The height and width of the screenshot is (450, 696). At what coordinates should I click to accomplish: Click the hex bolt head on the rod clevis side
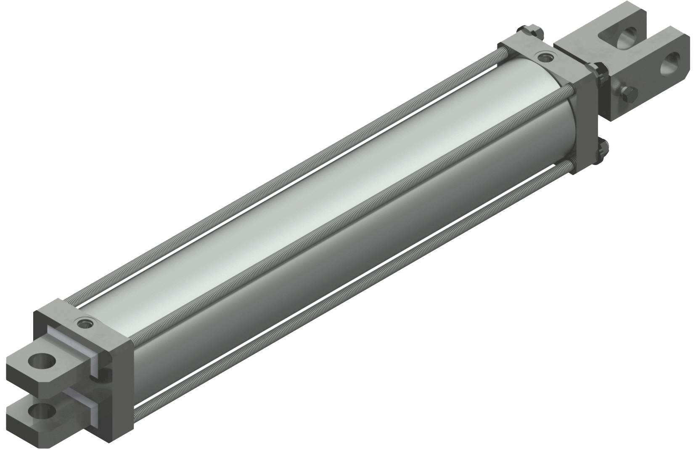pyautogui.click(x=625, y=95)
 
